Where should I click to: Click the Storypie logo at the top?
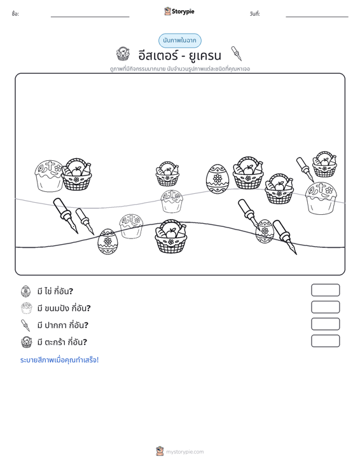pyautogui.click(x=179, y=11)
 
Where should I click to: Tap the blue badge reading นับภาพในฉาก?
pyautogui.click(x=180, y=41)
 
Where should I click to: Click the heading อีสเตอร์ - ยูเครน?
pyautogui.click(x=180, y=55)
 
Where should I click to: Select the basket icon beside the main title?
pyautogui.click(x=123, y=54)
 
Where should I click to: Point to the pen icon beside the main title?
pyautogui.click(x=237, y=53)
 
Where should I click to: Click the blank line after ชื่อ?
pyautogui.click(x=90, y=17)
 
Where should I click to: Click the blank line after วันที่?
pyautogui.click(x=317, y=17)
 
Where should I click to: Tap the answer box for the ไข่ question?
pyautogui.click(x=325, y=290)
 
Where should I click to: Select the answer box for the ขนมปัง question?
pyautogui.click(x=325, y=307)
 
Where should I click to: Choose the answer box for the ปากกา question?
pyautogui.click(x=325, y=324)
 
